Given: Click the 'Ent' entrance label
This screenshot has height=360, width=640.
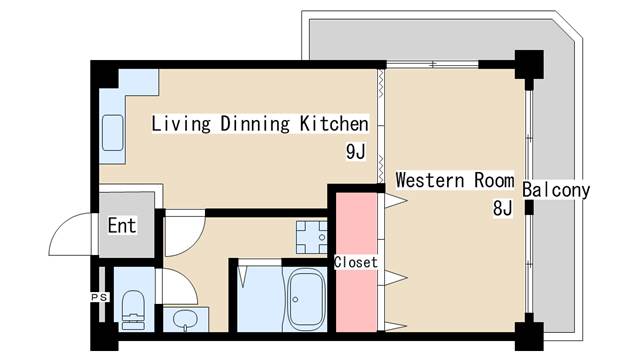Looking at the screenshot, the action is pos(122,225).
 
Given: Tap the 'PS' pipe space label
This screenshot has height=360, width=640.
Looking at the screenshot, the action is pos(99,297).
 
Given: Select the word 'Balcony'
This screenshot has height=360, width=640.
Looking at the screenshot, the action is pos(556,191).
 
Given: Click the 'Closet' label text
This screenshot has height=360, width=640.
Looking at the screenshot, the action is pos(356,262).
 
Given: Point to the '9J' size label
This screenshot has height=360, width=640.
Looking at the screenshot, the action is pos(356,152).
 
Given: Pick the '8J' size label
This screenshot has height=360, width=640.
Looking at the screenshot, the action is pos(502,208).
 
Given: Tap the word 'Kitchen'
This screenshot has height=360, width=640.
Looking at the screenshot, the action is pos(334,124).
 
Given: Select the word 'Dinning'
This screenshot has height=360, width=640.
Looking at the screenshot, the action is pos(255,124).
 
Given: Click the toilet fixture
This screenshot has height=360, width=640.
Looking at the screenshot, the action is pos(133,309).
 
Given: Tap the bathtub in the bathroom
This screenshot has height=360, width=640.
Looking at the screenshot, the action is pos(307,299).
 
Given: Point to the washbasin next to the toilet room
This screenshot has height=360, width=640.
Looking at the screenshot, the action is pos(185,319).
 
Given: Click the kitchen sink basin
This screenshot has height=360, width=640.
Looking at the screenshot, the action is pos(112,133).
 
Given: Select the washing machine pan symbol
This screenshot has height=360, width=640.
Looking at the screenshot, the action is pos(311,237).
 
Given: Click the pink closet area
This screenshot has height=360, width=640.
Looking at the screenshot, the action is pos(356,262).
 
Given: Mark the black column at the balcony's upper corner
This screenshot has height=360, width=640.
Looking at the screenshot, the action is pos(529,64).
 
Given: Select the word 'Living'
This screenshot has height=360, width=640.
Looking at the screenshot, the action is pos(181,124).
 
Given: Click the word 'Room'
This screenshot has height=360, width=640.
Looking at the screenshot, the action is pos(494,180).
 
